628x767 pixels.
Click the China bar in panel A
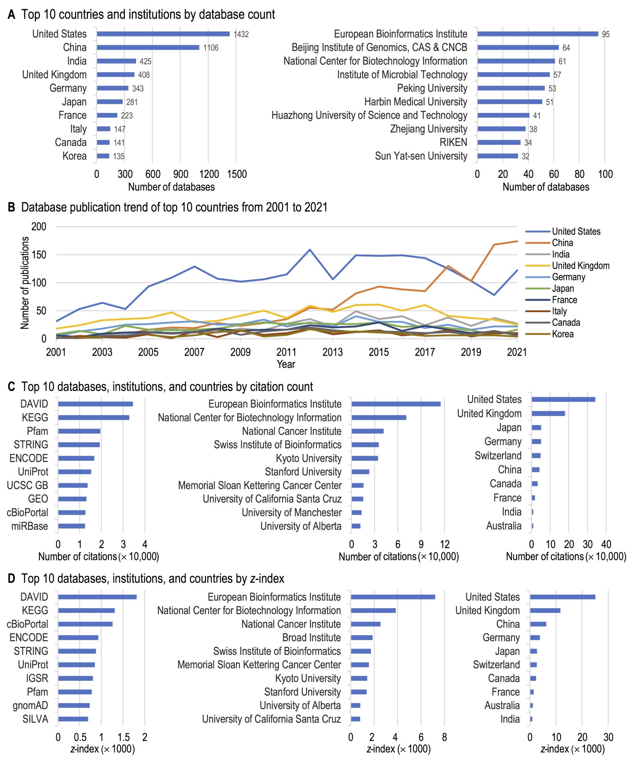point(148,47)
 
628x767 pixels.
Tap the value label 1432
point(241,34)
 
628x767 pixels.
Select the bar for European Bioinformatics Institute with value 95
point(537,34)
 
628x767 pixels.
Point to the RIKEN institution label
point(453,143)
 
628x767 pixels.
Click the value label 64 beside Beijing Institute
point(566,48)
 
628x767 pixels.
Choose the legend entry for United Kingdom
point(580,266)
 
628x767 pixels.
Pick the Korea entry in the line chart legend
point(562,334)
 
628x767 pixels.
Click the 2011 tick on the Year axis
point(286,352)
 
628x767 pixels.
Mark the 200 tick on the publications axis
point(39,227)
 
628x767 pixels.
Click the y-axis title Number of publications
point(25,282)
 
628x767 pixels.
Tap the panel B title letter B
point(11,208)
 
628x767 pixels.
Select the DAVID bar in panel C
point(95,404)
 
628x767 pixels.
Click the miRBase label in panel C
point(30,526)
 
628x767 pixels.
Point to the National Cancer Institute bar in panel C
point(368,431)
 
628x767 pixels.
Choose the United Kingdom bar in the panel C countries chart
point(548,413)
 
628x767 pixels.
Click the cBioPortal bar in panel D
point(85,624)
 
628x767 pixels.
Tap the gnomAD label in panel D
point(30,705)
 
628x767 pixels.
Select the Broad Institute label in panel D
point(311,638)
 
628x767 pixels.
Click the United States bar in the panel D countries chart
point(562,597)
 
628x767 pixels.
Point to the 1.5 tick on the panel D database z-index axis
point(124,737)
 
